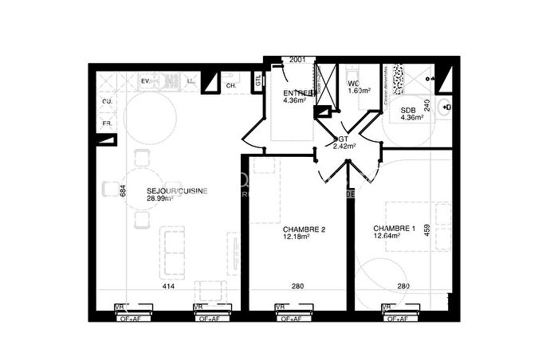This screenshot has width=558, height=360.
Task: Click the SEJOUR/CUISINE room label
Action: (177, 190)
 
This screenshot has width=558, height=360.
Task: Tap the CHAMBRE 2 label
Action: (305, 229)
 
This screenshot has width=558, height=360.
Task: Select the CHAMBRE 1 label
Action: (395, 229)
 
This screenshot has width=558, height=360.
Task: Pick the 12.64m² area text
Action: (388, 237)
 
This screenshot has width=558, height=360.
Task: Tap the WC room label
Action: (353, 83)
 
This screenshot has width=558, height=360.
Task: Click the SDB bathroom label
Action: (407, 111)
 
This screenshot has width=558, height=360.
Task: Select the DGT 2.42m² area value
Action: (344, 146)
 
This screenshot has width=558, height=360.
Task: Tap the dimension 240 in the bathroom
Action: (427, 104)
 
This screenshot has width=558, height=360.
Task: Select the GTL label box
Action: (258, 81)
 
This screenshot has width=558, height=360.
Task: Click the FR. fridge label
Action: (107, 123)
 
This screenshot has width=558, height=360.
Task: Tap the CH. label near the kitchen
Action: (230, 85)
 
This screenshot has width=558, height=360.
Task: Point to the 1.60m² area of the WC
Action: (360, 91)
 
